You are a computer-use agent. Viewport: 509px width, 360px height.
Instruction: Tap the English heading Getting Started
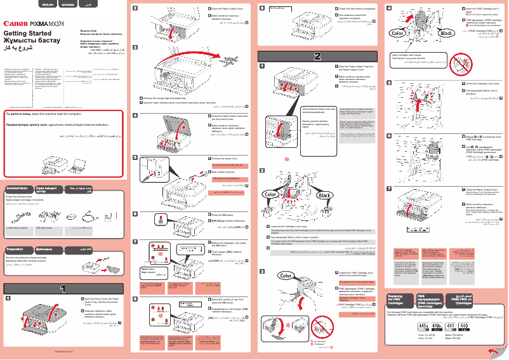(27, 33)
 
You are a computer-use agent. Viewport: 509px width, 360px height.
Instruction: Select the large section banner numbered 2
(319, 56)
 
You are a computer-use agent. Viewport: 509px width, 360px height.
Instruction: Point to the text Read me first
(89, 30)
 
